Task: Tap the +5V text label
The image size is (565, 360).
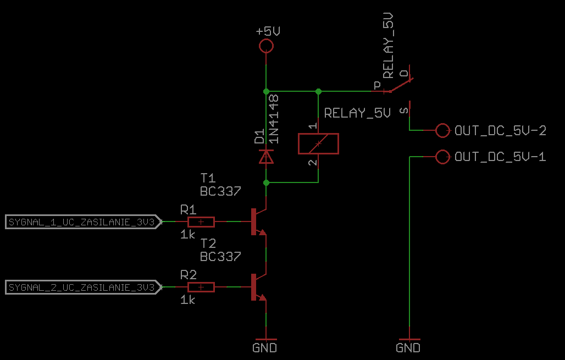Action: point(268,31)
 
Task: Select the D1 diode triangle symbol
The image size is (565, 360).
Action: point(266,157)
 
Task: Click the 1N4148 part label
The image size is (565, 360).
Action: point(274,119)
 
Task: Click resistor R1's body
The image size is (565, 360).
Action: point(201,222)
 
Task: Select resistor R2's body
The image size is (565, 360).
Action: point(201,287)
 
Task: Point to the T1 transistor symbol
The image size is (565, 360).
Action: point(258,221)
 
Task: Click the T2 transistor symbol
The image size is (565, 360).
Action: point(258,287)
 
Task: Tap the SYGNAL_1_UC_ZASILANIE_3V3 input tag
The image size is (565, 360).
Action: point(83,222)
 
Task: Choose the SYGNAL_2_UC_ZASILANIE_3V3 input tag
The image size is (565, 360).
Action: point(83,287)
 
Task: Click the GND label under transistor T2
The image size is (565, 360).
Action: point(265,348)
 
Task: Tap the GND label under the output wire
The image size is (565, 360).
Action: point(408,348)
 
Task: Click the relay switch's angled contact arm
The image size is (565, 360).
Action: point(401,85)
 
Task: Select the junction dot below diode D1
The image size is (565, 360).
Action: point(266,182)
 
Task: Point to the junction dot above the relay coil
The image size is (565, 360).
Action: point(319,92)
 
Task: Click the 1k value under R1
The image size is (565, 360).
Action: point(188,235)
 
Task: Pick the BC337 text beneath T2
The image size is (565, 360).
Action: point(220,257)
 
